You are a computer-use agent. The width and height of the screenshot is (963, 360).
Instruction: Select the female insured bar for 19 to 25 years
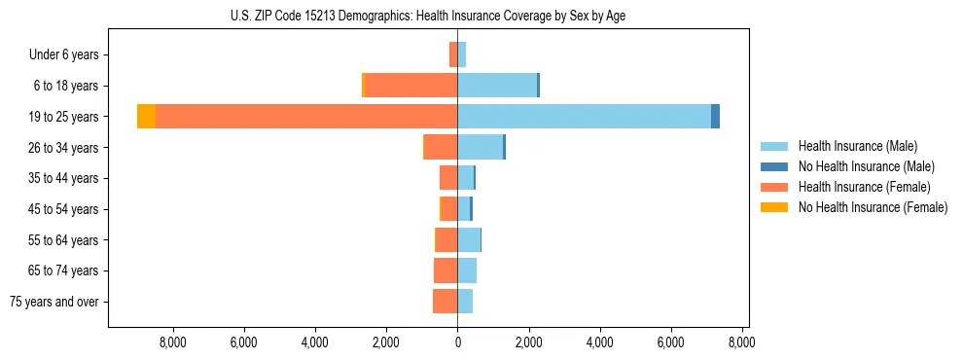tap(306, 117)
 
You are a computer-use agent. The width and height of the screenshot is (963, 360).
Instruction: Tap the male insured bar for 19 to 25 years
tap(584, 117)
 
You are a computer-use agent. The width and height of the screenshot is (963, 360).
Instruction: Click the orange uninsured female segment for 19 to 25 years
tap(146, 117)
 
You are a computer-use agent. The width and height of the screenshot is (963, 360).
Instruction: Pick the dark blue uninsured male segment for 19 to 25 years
tap(715, 117)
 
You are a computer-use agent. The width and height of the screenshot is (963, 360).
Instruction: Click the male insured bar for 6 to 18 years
tap(497, 86)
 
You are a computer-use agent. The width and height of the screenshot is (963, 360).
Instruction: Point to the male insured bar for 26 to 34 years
tap(480, 147)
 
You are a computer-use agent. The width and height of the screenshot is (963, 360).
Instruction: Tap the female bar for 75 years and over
tap(445, 302)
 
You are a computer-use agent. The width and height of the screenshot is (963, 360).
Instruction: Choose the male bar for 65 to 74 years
tap(467, 270)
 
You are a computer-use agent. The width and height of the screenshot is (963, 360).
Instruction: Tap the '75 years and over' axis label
tap(54, 302)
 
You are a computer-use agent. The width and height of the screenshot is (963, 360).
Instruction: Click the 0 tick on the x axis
tap(457, 342)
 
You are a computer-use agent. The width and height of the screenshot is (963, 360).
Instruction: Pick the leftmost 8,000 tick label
tap(172, 342)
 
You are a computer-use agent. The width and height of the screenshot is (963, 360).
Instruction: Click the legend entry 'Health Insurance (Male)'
tap(857, 146)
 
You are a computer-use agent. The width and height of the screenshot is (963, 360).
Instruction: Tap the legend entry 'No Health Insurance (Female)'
tap(873, 207)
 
